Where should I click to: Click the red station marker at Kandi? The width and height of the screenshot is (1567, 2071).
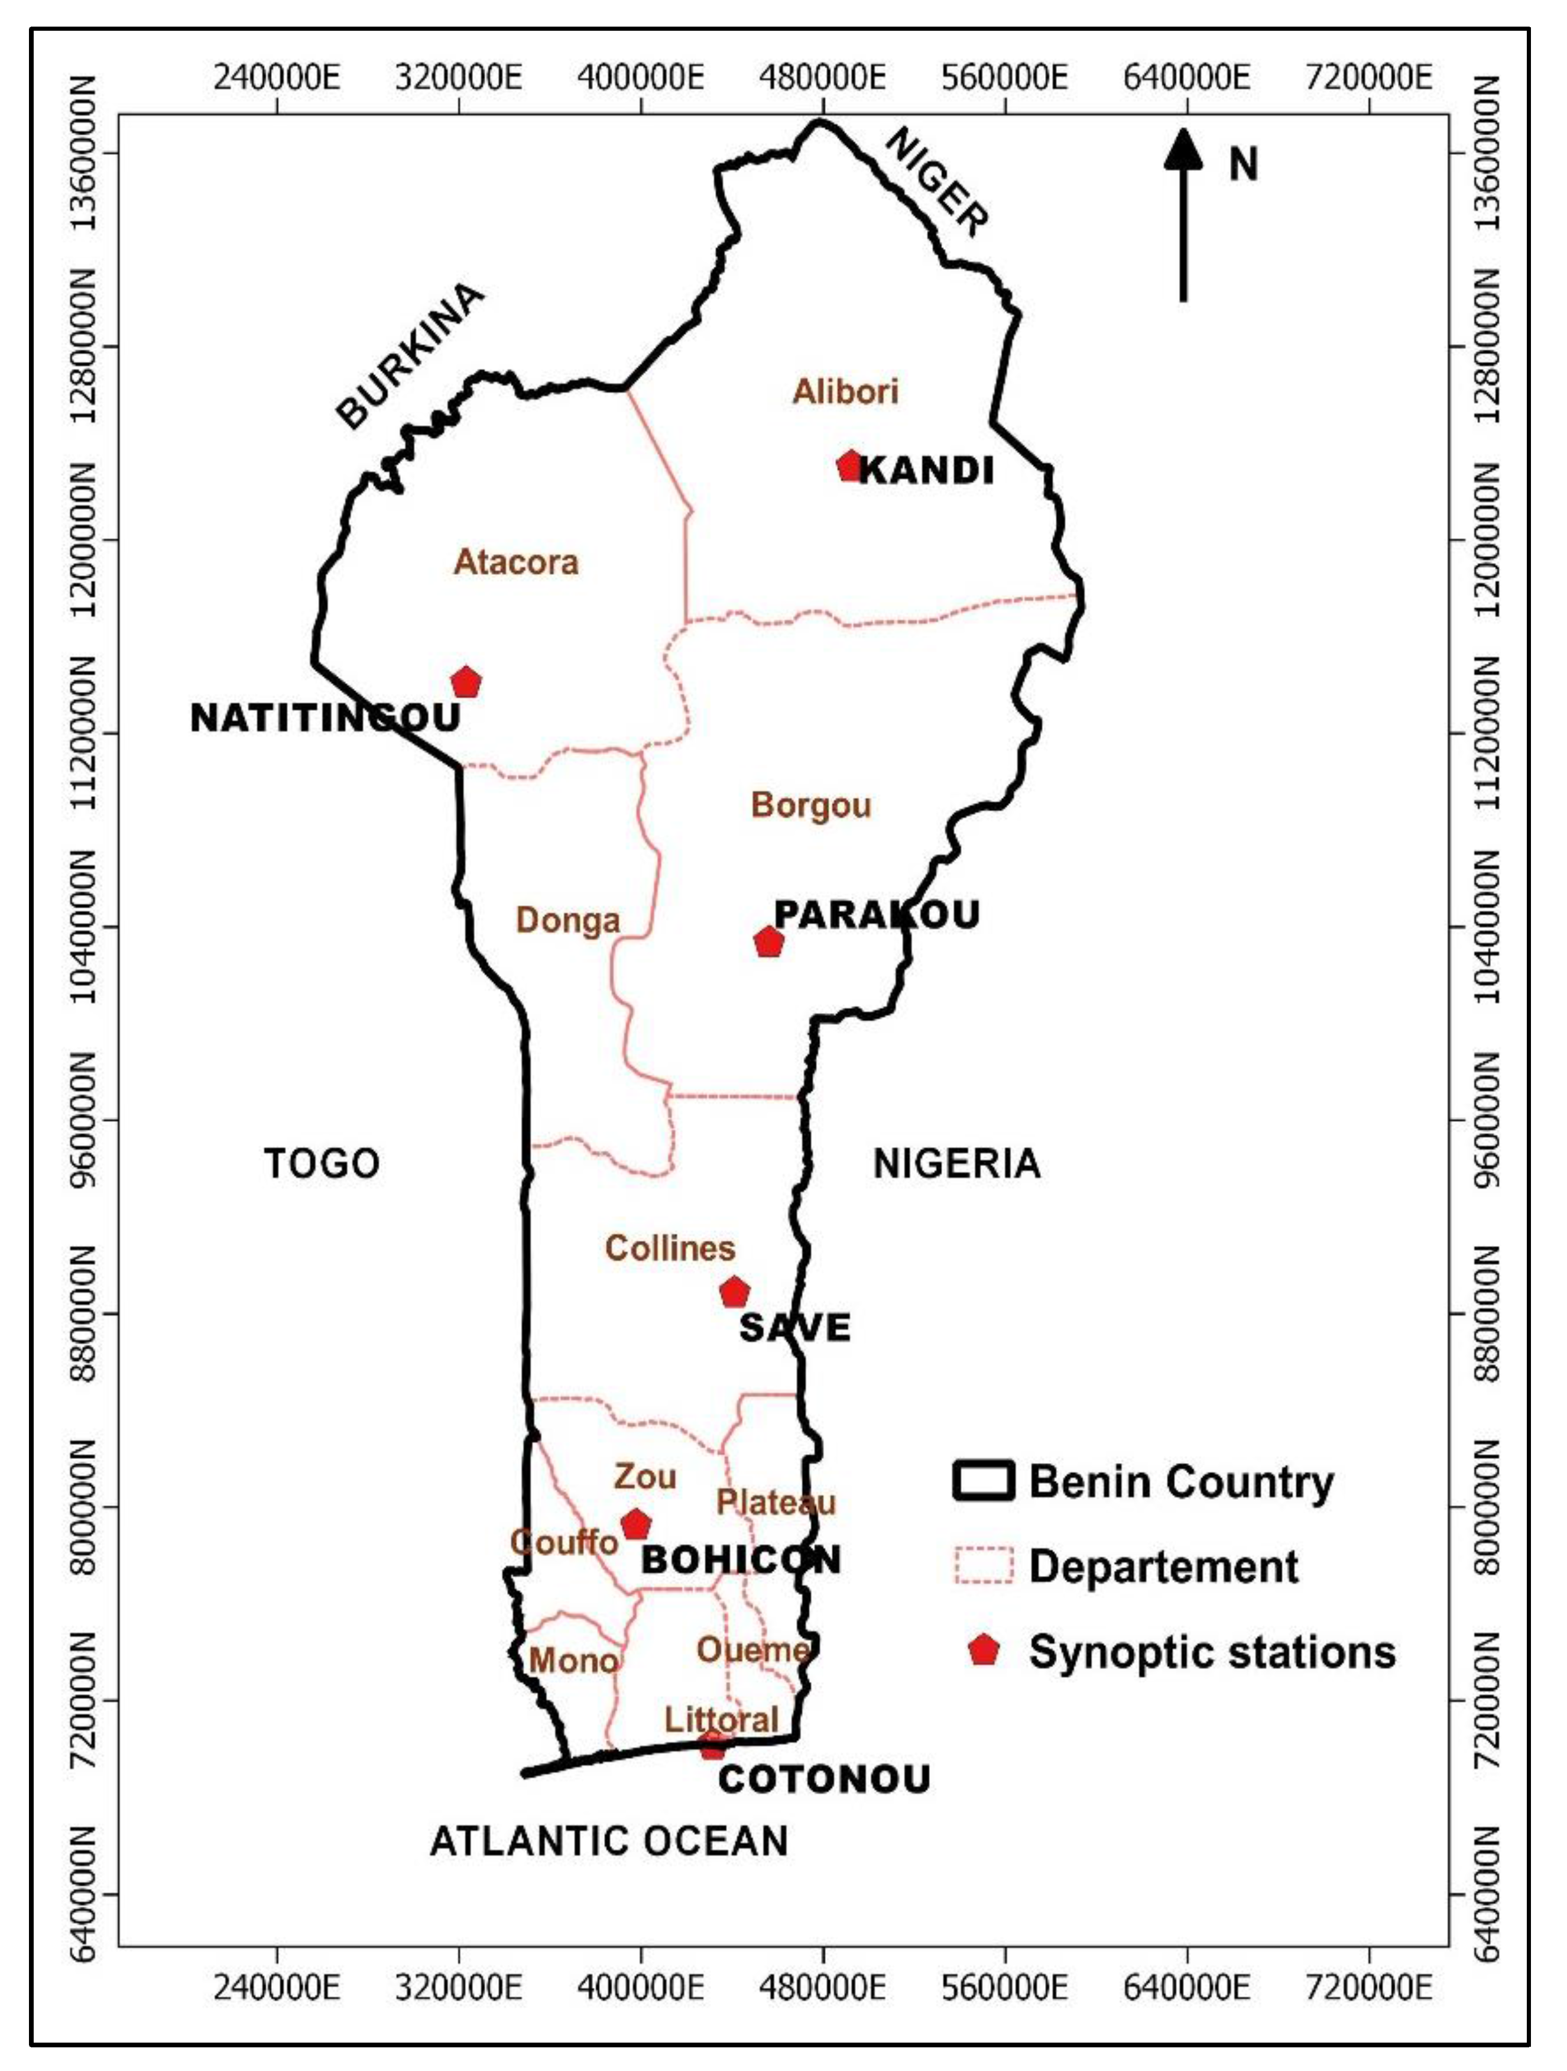849,465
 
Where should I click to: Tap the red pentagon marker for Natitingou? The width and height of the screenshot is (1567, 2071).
465,682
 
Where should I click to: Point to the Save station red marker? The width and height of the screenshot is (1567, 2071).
734,1293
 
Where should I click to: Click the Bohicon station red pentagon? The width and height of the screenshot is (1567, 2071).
635,1524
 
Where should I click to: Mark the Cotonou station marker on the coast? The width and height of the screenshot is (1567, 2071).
713,1744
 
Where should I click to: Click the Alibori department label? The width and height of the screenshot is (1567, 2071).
845,391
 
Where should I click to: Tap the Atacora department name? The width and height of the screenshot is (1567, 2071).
516,562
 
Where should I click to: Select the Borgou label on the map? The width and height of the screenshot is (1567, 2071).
810,805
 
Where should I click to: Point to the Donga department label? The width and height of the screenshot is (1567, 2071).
567,920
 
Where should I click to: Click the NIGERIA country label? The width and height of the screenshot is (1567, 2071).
956,1164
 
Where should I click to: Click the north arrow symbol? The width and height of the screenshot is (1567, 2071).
1183,215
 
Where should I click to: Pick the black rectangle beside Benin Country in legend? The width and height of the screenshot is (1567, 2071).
983,1481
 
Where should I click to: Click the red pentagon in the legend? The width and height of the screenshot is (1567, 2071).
983,1650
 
